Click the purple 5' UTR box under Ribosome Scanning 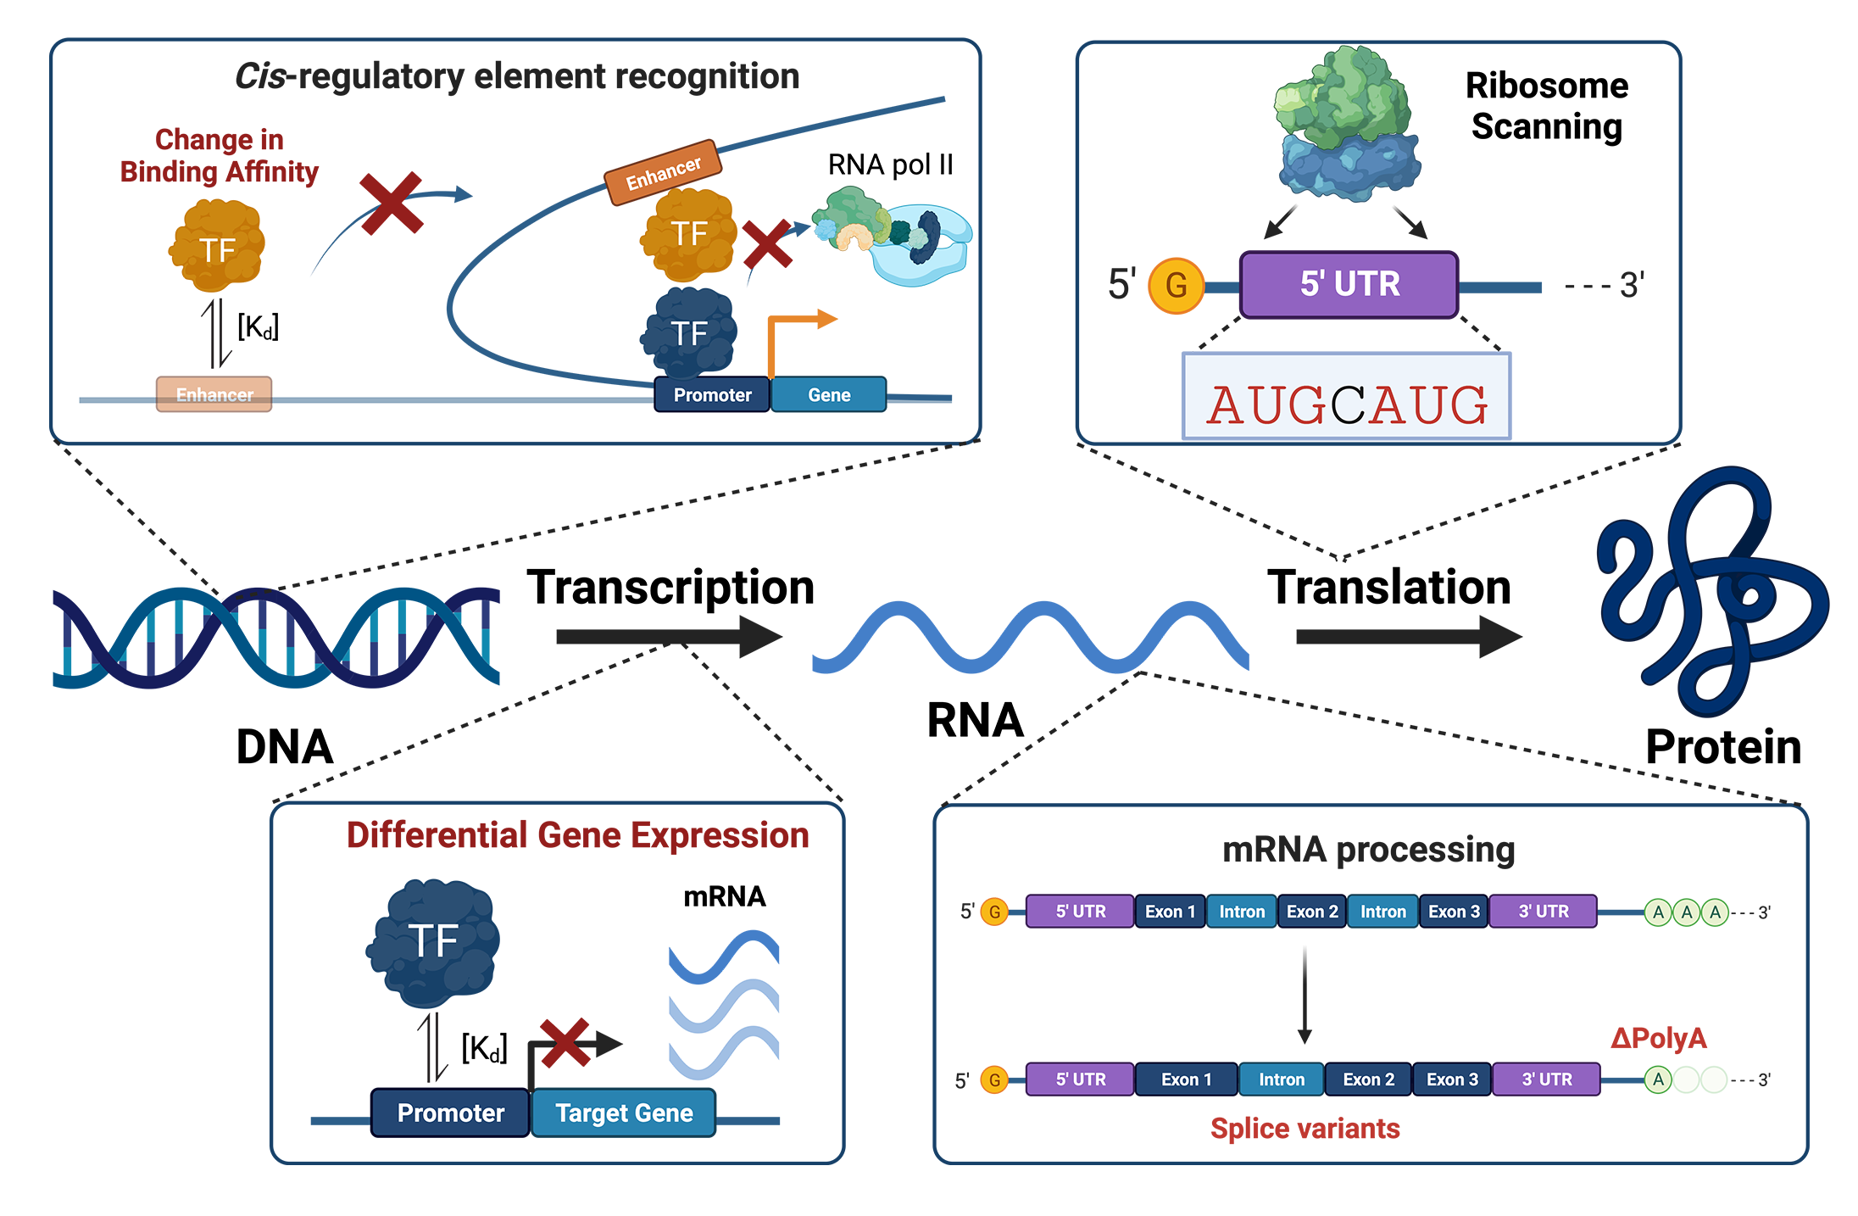coord(1349,285)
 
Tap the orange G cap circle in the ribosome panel coord(1176,286)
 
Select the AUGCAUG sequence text coord(1347,404)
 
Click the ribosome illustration coord(1347,126)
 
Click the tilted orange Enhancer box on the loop coord(663,172)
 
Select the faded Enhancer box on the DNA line coord(214,394)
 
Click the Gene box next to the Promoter coord(828,395)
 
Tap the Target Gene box coord(624,1113)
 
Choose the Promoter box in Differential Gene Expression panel coord(450,1113)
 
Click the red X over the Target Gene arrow coord(565,1042)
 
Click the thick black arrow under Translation coord(1408,637)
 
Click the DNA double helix coord(275,637)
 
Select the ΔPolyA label coord(1658,1038)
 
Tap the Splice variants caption coord(1304,1129)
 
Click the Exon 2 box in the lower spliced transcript coord(1368,1079)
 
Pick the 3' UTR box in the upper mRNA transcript coord(1543,912)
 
